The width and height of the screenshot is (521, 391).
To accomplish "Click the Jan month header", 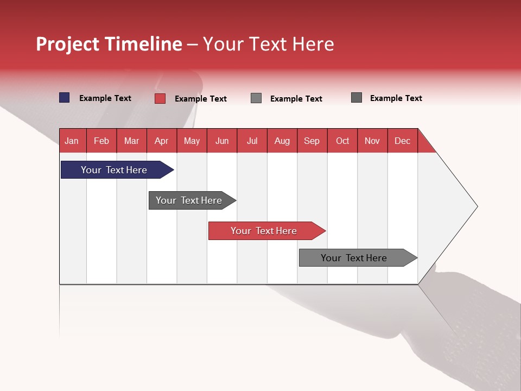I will pos(72,141).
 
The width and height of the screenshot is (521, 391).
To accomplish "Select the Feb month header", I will pos(101,141).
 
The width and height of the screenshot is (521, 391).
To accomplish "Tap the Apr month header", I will pos(161,141).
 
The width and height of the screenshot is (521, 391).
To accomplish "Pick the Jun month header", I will pos(222,141).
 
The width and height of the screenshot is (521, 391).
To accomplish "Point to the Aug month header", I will pos(282,141).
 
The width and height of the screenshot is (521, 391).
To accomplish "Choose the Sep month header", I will pos(312,141).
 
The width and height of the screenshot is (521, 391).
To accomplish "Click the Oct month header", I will pos(342,141).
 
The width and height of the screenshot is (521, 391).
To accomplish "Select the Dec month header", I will pos(402,141).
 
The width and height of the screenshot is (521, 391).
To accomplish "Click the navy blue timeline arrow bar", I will pos(114,170).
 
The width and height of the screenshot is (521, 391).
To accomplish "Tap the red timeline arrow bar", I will pos(264,231).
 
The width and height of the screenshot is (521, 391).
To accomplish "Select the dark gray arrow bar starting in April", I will pos(189,200).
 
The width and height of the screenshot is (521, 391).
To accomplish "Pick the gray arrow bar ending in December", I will pos(354,258).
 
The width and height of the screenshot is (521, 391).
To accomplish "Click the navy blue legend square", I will pos(65,98).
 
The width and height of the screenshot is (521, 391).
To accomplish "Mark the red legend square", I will pos(160,98).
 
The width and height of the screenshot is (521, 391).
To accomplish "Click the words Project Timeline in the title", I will pos(109,44).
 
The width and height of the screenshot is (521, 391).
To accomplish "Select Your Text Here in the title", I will pos(269,44).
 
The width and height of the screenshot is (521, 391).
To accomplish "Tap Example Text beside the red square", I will pos(201,99).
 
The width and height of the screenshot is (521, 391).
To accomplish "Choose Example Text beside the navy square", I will pos(105,98).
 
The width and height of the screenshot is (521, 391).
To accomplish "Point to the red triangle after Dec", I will pos(425,145).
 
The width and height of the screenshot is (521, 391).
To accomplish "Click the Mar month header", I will pos(131,141).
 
